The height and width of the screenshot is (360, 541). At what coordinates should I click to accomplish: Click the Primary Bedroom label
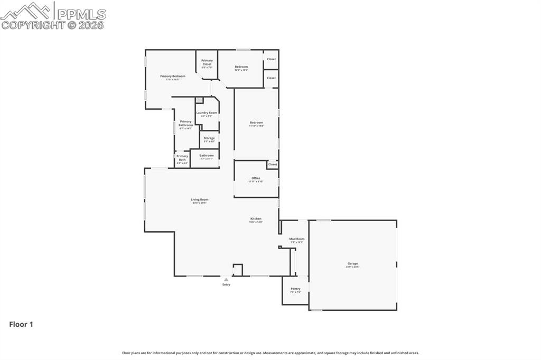pyautogui.click(x=173, y=77)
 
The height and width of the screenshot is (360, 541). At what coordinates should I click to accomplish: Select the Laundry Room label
pyautogui.click(x=207, y=113)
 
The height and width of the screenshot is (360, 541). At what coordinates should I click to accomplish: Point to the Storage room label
pyautogui.click(x=209, y=138)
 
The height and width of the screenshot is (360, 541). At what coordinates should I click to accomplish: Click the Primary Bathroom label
pyautogui.click(x=185, y=124)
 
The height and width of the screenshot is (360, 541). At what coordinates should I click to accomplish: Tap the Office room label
pyautogui.click(x=256, y=178)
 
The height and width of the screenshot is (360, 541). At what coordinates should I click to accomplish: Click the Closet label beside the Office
pyautogui.click(x=273, y=165)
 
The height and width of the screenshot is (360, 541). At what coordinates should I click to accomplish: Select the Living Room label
pyautogui.click(x=200, y=200)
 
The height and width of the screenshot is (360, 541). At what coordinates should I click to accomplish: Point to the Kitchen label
pyautogui.click(x=256, y=219)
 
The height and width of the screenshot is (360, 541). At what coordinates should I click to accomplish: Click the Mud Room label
pyautogui.click(x=296, y=239)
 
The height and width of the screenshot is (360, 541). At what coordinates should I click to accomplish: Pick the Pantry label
pyautogui.click(x=295, y=289)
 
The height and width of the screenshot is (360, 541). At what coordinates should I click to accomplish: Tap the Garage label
pyautogui.click(x=352, y=263)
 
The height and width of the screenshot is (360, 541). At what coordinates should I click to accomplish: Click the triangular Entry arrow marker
pyautogui.click(x=226, y=280)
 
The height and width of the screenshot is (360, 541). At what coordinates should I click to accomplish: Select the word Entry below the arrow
pyautogui.click(x=226, y=285)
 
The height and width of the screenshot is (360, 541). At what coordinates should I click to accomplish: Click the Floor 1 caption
pyautogui.click(x=21, y=325)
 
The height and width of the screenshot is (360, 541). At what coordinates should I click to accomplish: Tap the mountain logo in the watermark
pyautogui.click(x=26, y=11)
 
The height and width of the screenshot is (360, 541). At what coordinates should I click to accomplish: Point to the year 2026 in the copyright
pyautogui.click(x=91, y=24)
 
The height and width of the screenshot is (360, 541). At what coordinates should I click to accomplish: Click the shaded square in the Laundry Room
pyautogui.click(x=199, y=100)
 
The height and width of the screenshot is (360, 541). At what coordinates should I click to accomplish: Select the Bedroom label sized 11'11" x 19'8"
pyautogui.click(x=256, y=123)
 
